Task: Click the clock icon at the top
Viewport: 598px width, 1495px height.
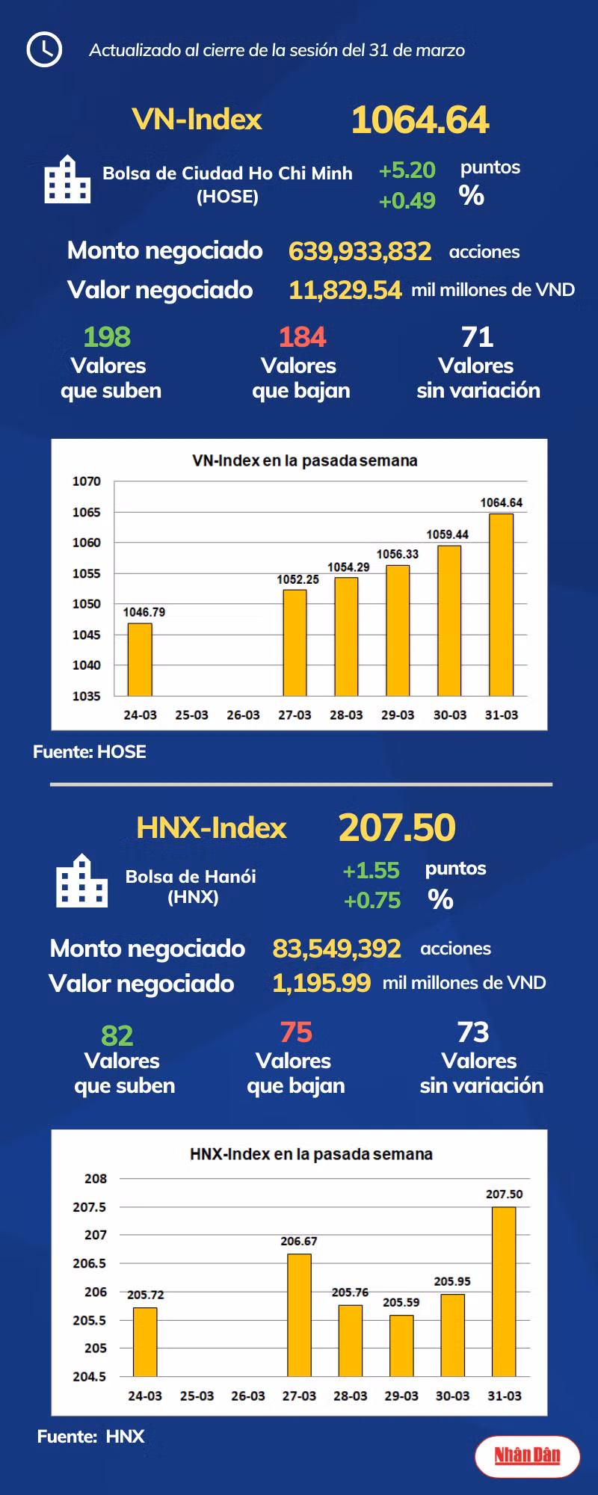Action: (x=44, y=49)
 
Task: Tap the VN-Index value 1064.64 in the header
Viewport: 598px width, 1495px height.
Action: (x=420, y=120)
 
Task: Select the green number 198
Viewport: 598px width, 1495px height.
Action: (x=107, y=337)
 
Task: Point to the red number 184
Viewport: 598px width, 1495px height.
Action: (x=302, y=337)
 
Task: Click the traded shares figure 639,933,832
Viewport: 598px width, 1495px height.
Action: (x=360, y=251)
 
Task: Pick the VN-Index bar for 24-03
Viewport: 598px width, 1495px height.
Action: (x=140, y=659)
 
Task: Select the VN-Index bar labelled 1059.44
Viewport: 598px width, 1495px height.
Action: (x=449, y=620)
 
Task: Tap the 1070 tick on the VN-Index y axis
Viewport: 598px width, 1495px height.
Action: (x=87, y=481)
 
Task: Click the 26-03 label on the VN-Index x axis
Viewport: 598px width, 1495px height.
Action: (x=243, y=715)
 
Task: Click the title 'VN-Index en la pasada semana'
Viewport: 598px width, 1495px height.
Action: (x=305, y=460)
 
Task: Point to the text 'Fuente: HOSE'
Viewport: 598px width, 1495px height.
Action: (x=90, y=752)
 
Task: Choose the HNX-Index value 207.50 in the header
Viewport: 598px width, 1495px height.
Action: (x=397, y=827)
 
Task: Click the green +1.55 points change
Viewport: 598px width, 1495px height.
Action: (x=371, y=870)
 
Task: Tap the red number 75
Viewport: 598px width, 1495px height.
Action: (x=296, y=1032)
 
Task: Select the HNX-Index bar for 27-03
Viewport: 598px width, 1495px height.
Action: (x=299, y=1315)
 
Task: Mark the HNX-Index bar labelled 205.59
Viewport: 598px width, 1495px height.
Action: (x=401, y=1345)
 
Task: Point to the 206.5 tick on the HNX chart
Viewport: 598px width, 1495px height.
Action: (x=90, y=1263)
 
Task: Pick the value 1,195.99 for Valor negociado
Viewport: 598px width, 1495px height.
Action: (x=321, y=983)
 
